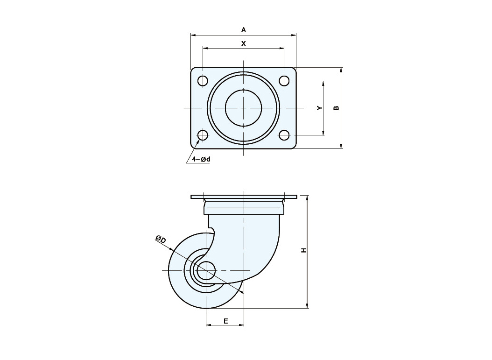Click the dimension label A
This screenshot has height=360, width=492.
pos(244,30)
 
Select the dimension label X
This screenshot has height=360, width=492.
pos(244,43)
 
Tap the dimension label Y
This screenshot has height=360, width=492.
pos(319,108)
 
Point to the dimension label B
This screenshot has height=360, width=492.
pos(336,108)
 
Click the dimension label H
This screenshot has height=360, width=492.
pos(303,250)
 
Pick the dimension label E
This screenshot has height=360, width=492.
pos(225,321)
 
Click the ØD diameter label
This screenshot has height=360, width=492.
pos(160,240)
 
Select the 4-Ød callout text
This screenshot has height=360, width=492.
pos(201,159)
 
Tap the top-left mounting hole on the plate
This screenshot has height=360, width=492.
pos(203,81)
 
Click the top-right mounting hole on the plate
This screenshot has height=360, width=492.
pos(284,81)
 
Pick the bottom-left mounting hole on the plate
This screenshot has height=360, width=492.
pos(203,135)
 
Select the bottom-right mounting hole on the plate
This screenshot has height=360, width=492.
pos(284,135)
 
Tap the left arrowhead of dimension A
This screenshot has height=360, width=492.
pos(193,35)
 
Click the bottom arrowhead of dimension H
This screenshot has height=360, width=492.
pos(307,306)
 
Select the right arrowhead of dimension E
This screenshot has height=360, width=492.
pos(241,325)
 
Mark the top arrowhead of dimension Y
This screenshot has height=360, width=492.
pos(323,84)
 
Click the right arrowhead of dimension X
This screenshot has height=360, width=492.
pos(281,49)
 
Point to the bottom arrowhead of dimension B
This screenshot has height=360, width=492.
pos(341,146)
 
